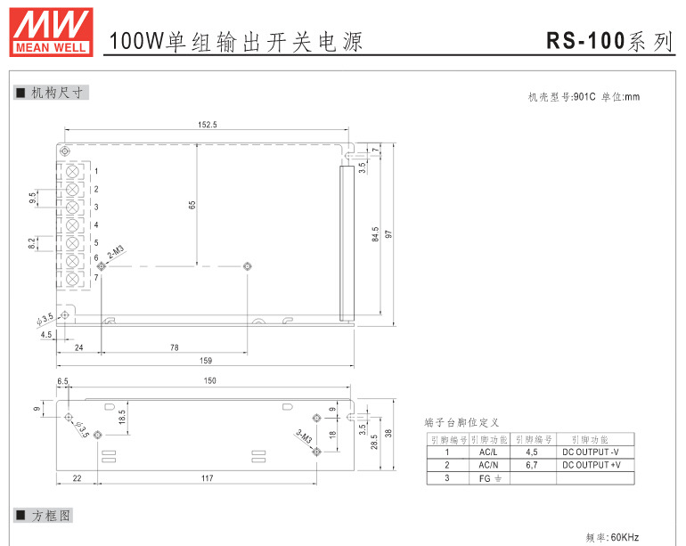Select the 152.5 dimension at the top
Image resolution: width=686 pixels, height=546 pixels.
click(207, 125)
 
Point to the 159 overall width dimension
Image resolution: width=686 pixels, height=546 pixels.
click(205, 360)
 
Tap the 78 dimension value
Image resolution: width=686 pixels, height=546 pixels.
click(174, 347)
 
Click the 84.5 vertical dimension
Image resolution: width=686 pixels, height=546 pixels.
click(376, 234)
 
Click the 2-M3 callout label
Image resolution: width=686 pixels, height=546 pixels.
click(116, 253)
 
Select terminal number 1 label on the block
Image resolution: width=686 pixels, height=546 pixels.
click(95, 171)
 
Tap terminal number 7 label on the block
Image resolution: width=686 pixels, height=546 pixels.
click(95, 278)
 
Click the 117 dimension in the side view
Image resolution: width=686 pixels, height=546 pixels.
click(207, 479)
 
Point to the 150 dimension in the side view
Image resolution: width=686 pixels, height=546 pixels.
click(209, 381)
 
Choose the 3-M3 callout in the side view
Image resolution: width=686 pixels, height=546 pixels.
click(303, 437)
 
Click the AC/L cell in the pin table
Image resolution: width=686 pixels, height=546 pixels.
click(487, 452)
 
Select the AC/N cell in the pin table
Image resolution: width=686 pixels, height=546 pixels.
click(487, 465)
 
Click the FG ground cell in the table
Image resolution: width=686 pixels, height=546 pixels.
click(487, 478)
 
